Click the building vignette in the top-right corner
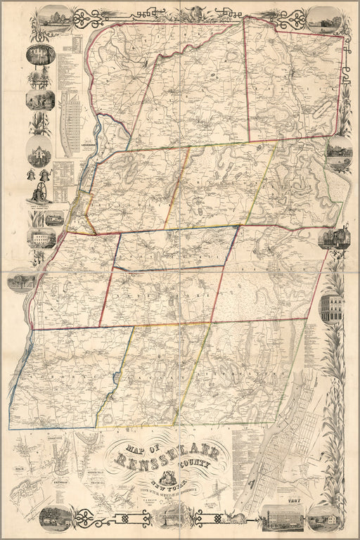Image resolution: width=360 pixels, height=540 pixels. [321, 18]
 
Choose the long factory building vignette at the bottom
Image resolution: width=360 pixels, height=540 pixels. [281, 517]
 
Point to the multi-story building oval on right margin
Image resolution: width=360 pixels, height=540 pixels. [331, 307]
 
